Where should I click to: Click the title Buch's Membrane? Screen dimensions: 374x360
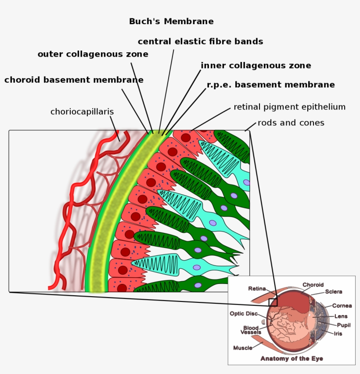pyautogui.click(x=171, y=21)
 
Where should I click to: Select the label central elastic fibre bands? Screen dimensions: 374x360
pyautogui.click(x=200, y=41)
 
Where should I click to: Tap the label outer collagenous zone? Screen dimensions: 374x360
pyautogui.click(x=93, y=54)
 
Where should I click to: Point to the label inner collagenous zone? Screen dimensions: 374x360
pyautogui.click(x=256, y=65)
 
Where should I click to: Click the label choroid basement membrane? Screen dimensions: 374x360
pyautogui.click(x=74, y=80)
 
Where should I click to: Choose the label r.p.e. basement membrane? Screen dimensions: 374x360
pyautogui.click(x=270, y=84)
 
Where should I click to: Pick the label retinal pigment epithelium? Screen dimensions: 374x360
pyautogui.click(x=289, y=107)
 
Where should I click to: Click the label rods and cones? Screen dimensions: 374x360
pyautogui.click(x=291, y=123)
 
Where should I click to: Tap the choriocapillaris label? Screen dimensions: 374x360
pyautogui.click(x=82, y=112)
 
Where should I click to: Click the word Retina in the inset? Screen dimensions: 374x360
pyautogui.click(x=257, y=289)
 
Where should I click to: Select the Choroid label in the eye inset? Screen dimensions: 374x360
pyautogui.click(x=313, y=285)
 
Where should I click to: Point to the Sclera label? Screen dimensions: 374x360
pyautogui.click(x=334, y=291)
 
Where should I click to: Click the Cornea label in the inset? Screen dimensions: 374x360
pyautogui.click(x=342, y=305)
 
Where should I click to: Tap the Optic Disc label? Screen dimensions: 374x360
pyautogui.click(x=244, y=314)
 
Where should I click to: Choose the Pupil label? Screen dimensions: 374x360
pyautogui.click(x=343, y=325)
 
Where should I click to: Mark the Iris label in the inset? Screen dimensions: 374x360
pyautogui.click(x=338, y=334)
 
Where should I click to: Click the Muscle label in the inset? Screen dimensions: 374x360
pyautogui.click(x=243, y=348)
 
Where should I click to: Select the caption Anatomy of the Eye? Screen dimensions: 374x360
pyautogui.click(x=292, y=359)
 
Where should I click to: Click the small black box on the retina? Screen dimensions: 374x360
pyautogui.click(x=273, y=302)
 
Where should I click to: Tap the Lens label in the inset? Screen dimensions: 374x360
pyautogui.click(x=341, y=316)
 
